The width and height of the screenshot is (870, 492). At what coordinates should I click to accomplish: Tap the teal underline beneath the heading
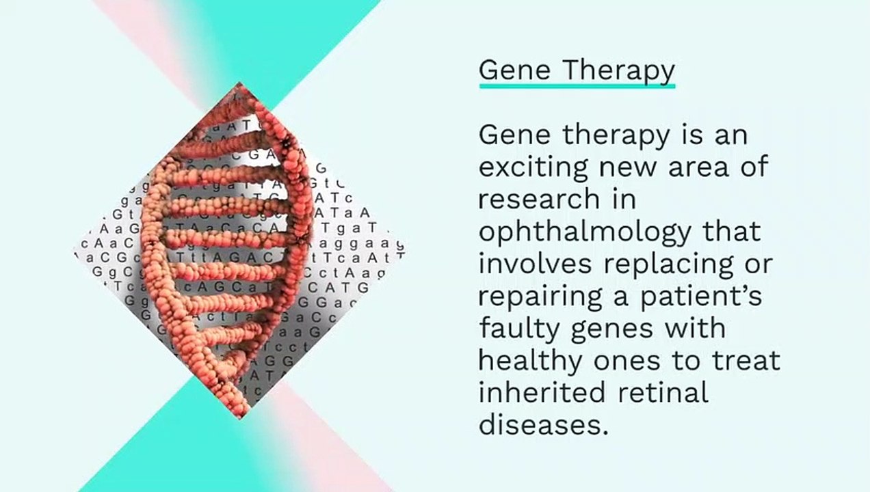tap(577, 86)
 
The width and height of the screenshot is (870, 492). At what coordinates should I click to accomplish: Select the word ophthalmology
tap(585, 232)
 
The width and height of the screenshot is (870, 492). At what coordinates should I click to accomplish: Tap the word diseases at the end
tap(542, 424)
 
